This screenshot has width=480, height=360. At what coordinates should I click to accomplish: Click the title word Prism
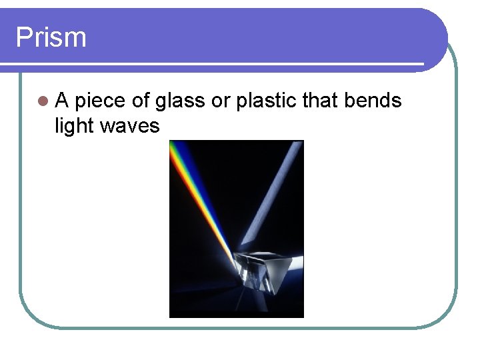pyautogui.click(x=51, y=37)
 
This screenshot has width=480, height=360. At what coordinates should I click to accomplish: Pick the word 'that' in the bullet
pyautogui.click(x=320, y=101)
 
